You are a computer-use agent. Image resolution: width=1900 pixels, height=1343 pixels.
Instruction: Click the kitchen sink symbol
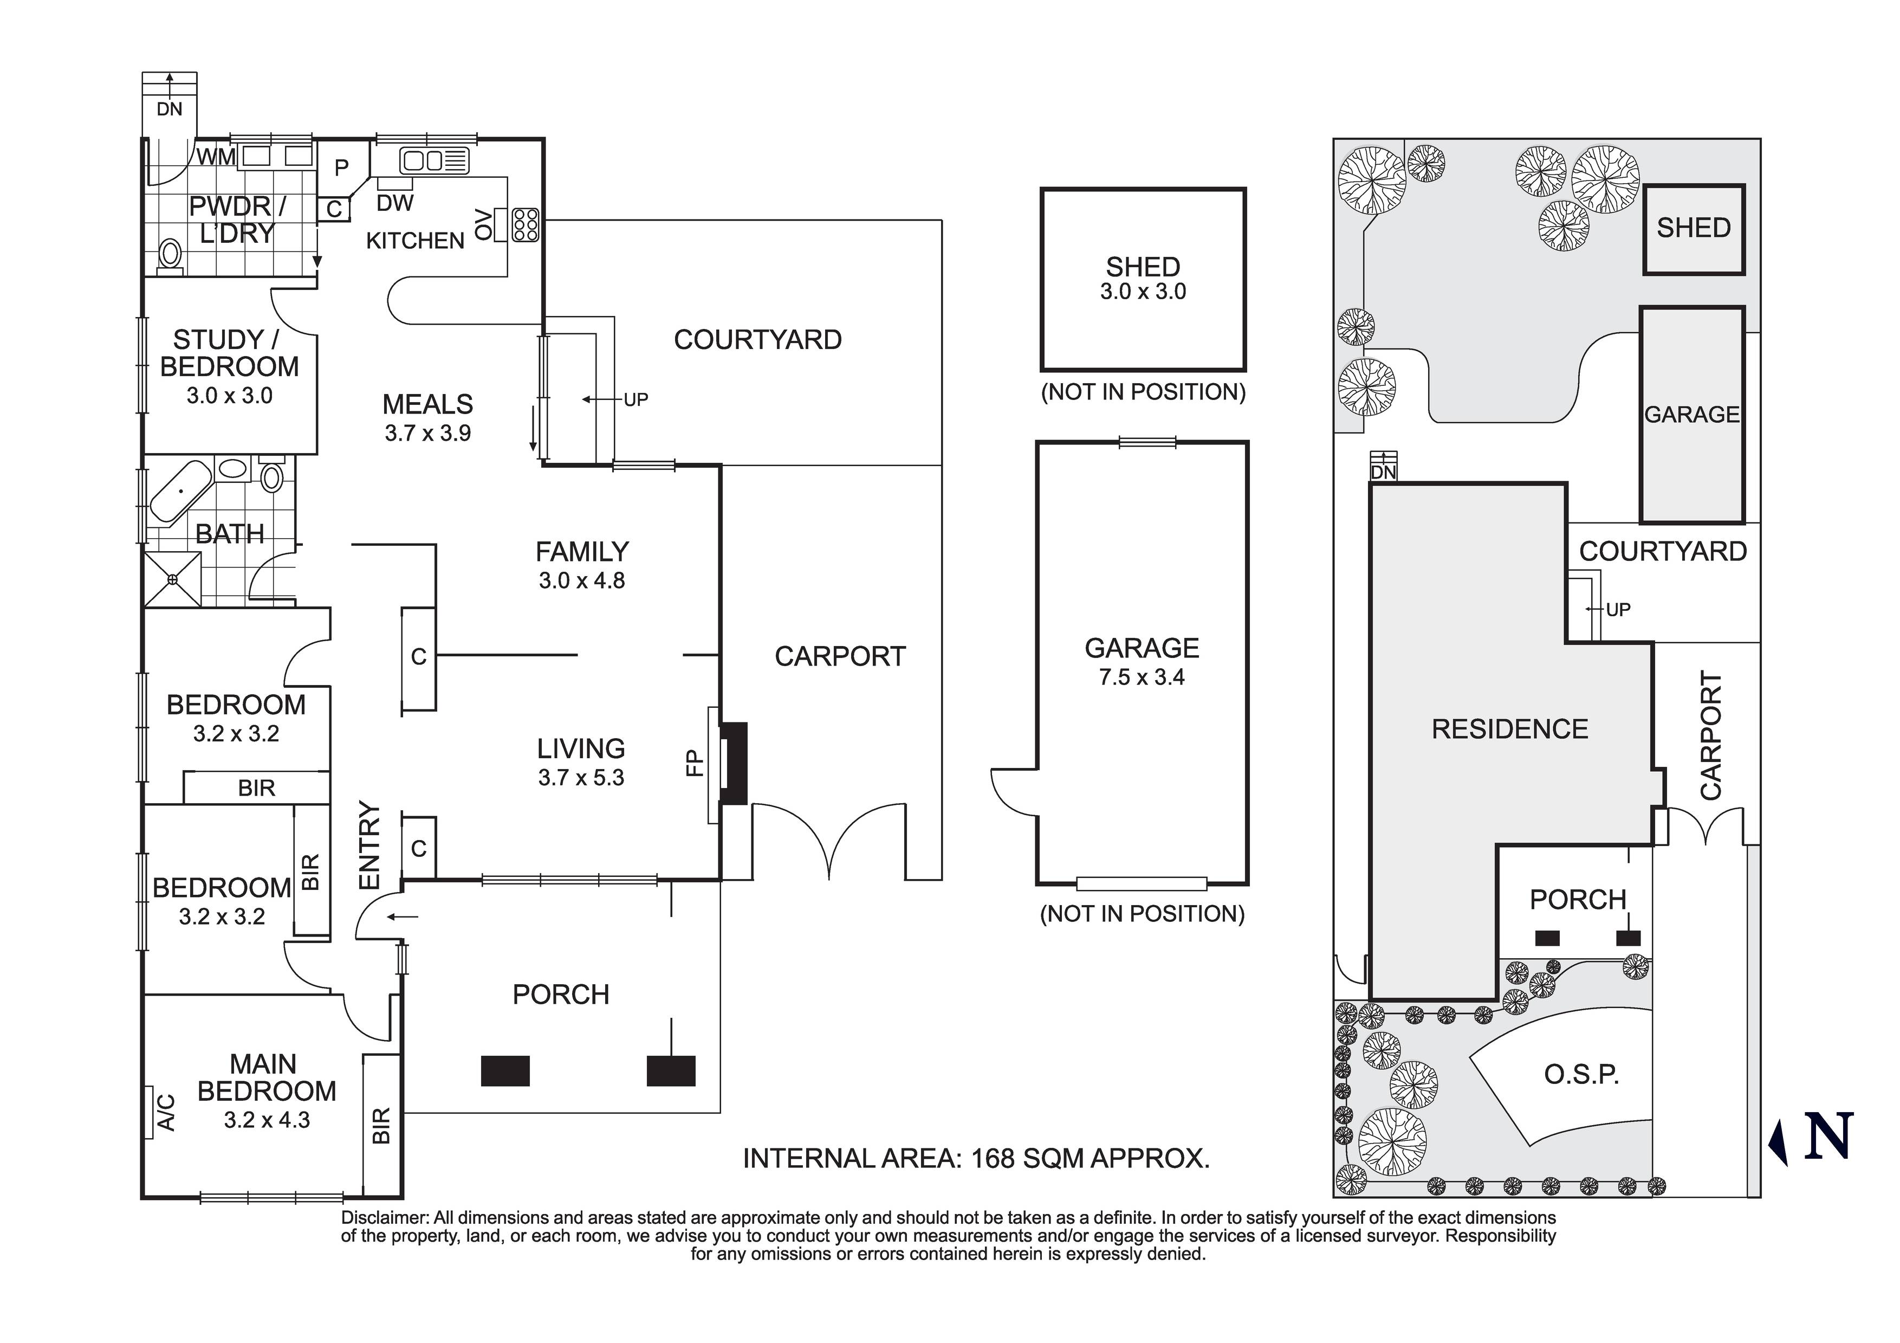[x=435, y=160]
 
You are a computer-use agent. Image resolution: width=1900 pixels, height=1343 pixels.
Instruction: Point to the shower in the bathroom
[x=172, y=579]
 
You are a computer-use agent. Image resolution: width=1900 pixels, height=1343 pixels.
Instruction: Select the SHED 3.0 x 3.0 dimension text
[x=1143, y=292]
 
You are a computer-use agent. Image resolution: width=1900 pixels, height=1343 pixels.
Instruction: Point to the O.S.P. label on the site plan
[x=1580, y=1075]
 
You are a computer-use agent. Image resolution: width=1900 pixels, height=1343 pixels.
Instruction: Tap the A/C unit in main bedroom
[x=165, y=1113]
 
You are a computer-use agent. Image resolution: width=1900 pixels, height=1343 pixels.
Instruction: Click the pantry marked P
[x=341, y=168]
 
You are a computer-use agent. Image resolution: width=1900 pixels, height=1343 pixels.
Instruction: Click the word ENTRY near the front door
[x=369, y=844]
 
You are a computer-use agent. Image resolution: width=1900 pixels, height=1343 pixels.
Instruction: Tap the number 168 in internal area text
[x=993, y=1158]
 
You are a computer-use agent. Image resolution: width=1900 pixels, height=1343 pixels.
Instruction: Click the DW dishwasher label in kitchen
[x=395, y=203]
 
